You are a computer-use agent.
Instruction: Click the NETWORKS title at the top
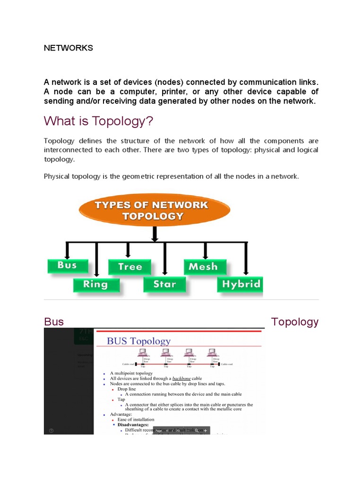[69, 48]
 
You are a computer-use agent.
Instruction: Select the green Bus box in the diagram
[68, 266]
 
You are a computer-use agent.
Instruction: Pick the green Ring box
[96, 284]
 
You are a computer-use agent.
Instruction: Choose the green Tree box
[130, 267]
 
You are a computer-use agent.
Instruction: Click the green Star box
[164, 284]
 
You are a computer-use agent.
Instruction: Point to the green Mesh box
[205, 267]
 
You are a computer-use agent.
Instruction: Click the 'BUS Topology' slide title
[139, 341]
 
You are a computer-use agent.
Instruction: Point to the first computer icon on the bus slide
[143, 353]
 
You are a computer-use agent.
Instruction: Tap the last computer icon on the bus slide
[212, 353]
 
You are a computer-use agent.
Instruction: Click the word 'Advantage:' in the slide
[121, 414]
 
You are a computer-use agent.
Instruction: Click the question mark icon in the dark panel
[51, 430]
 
